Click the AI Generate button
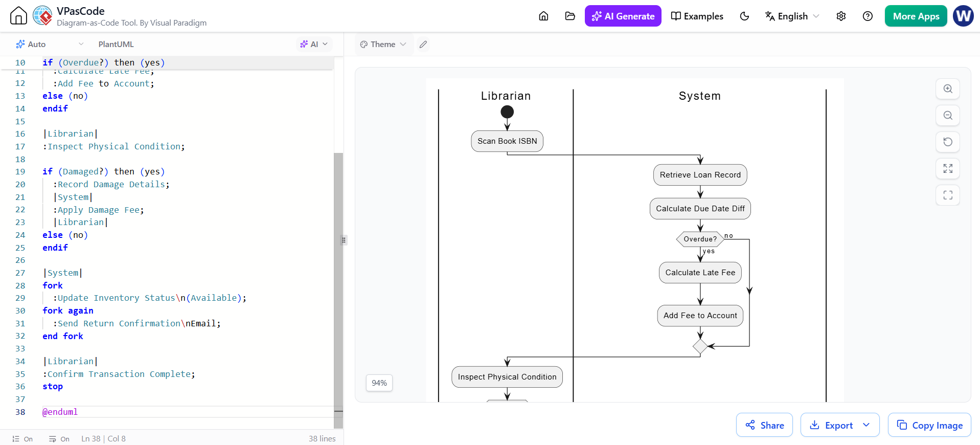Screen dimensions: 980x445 [623, 16]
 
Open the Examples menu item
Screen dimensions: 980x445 [697, 16]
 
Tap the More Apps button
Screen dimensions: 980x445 [916, 16]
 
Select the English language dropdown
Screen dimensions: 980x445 [792, 16]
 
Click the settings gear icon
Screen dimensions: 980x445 [841, 16]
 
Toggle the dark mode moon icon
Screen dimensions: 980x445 [744, 16]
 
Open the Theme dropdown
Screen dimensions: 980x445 [383, 44]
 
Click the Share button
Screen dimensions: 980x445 [764, 425]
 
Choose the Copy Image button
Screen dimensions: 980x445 [929, 425]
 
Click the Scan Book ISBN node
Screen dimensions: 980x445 [507, 141]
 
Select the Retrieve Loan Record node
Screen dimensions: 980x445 [700, 175]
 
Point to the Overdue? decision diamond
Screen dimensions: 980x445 [700, 239]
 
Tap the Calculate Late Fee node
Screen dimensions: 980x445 [700, 273]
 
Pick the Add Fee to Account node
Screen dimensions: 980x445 [700, 316]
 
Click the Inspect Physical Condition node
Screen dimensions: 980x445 [507, 377]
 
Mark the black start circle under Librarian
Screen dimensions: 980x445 [507, 112]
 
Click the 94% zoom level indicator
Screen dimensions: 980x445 [379, 383]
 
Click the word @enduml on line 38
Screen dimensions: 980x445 [60, 412]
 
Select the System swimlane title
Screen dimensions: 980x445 [699, 96]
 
